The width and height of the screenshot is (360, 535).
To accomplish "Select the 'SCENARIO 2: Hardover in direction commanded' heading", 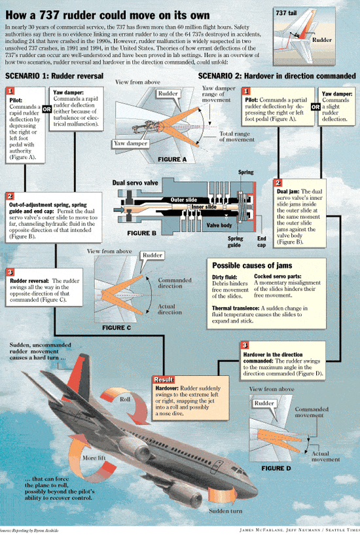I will (x=278, y=77).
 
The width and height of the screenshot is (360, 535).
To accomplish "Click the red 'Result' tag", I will (x=162, y=379).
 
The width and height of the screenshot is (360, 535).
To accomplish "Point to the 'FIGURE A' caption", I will (x=172, y=158).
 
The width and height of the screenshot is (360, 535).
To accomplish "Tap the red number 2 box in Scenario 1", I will (x=10, y=195).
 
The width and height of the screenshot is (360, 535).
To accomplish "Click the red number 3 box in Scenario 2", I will (x=244, y=344).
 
